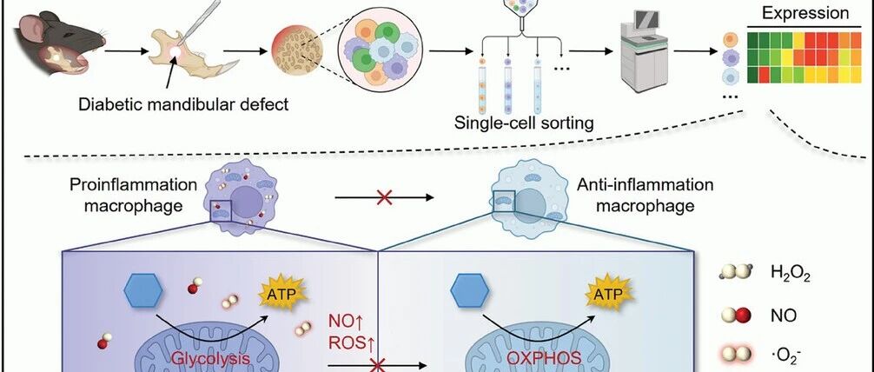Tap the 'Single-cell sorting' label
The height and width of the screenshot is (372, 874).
pyautogui.click(x=525, y=123)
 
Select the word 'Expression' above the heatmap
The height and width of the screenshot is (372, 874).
pyautogui.click(x=804, y=13)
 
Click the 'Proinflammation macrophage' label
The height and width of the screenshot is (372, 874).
pyautogui.click(x=126, y=196)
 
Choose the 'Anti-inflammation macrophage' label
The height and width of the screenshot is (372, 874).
pyautogui.click(x=645, y=196)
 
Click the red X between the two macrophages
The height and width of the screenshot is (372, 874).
pyautogui.click(x=381, y=197)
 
